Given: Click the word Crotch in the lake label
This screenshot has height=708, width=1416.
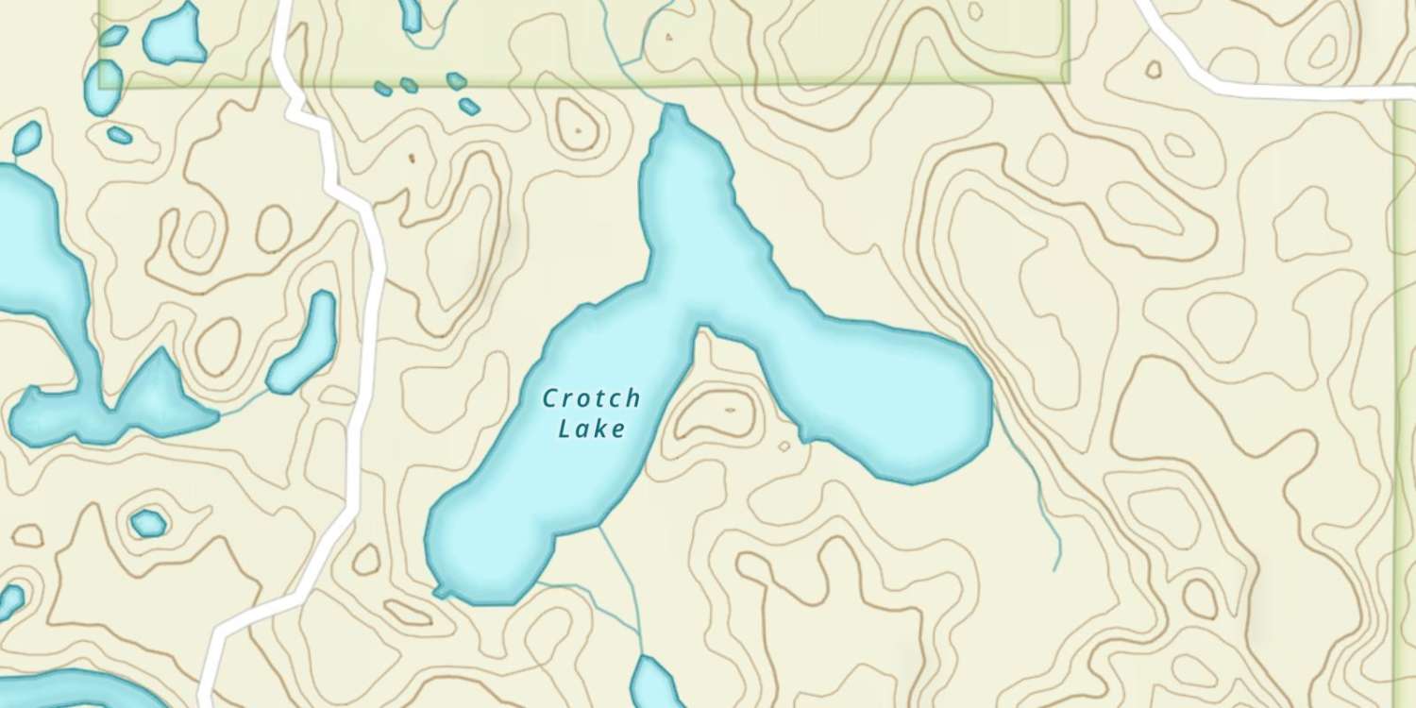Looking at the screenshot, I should pos(592,398).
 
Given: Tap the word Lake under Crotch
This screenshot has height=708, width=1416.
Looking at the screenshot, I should pos(592,429).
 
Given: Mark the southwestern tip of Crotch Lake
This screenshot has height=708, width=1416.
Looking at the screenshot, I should pos(439,590).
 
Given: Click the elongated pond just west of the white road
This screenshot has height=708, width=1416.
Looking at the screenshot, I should pos(304,342).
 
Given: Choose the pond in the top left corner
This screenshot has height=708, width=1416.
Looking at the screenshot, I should pos(175,33).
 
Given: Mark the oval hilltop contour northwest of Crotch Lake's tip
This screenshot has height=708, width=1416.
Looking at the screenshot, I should pos(578,123).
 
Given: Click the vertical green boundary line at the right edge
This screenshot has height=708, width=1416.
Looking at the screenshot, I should pos(1397,378).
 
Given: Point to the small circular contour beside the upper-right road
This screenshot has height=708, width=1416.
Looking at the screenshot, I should pos(1154,69).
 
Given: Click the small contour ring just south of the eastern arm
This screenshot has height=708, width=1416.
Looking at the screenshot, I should pos(784,447).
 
